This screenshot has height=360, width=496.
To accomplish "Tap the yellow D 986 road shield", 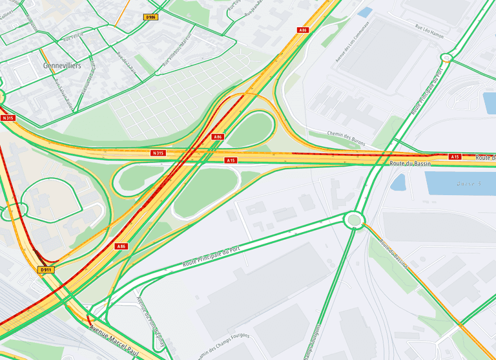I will point(151,17).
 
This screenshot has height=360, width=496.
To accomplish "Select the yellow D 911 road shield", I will point(45,269).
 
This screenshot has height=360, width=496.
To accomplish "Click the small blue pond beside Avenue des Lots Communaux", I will point(365,12).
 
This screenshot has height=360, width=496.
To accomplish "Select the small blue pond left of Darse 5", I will point(398,182).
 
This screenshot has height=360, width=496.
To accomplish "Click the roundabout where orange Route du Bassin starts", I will point(353,220).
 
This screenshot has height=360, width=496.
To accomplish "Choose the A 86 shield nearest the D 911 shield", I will point(121,246).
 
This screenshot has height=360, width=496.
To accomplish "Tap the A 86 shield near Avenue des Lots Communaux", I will point(302,30).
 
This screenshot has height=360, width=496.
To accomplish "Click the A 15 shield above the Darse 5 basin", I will point(455,156).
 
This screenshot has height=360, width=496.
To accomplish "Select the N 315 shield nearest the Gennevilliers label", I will point(8,118).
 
